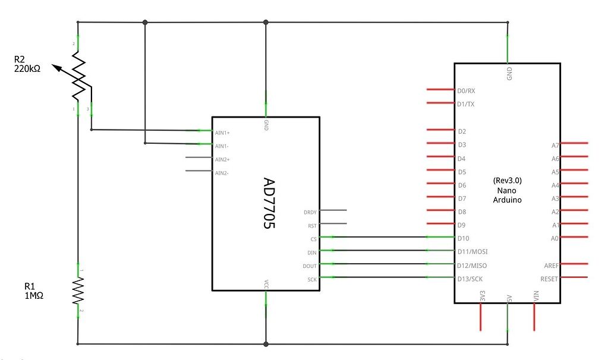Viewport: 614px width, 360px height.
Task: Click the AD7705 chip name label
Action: click(x=269, y=204)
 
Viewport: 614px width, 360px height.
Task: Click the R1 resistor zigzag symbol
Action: click(x=78, y=290)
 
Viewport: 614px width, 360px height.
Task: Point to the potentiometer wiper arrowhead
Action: click(x=55, y=67)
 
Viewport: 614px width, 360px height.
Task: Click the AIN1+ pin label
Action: click(x=222, y=132)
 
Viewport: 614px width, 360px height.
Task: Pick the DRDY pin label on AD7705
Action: click(x=310, y=212)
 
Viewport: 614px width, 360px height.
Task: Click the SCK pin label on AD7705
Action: click(x=312, y=279)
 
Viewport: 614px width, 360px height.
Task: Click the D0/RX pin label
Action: click(x=467, y=91)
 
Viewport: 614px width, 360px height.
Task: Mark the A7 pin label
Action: click(x=555, y=145)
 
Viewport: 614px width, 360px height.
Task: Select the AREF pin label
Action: click(x=551, y=266)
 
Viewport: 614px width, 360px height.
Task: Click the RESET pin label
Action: click(x=549, y=279)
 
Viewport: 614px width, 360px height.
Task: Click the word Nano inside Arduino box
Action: click(x=507, y=190)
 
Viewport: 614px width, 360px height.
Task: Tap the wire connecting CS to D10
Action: click(x=380, y=238)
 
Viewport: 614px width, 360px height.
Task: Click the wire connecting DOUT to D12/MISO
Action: click(x=380, y=264)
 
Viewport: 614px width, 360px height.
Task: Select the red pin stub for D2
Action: click(x=440, y=130)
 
